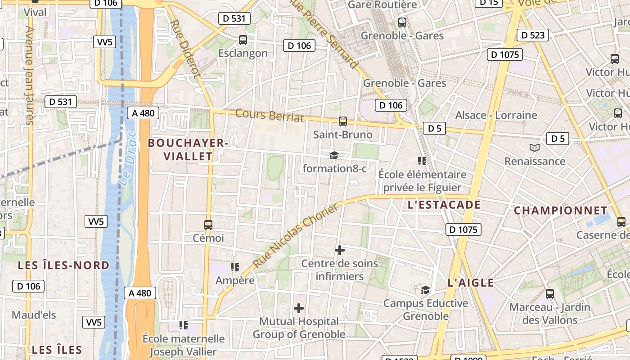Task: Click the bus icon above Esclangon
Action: pos(243,40)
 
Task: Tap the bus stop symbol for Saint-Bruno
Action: pos(343,121)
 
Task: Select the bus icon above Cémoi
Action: pos(208,225)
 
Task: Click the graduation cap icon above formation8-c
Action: pos(334,155)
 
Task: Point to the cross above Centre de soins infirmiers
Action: pos(340,250)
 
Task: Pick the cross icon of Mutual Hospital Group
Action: pos(299,308)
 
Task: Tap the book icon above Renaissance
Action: pos(535,148)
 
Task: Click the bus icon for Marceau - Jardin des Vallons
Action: pos(550,294)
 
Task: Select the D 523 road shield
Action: pos(533,35)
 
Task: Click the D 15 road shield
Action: pos(489,2)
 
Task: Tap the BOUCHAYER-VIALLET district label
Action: pos(188,149)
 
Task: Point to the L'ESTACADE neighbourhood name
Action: pos(444,205)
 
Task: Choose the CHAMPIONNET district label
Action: pos(561,211)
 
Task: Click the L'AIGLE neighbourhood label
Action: pos(471,283)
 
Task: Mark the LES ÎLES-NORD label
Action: pos(63,265)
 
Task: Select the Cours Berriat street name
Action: pos(270,115)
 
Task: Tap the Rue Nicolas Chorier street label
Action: pos(295,236)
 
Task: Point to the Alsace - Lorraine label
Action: pos(496,115)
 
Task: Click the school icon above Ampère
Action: pos(235,267)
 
